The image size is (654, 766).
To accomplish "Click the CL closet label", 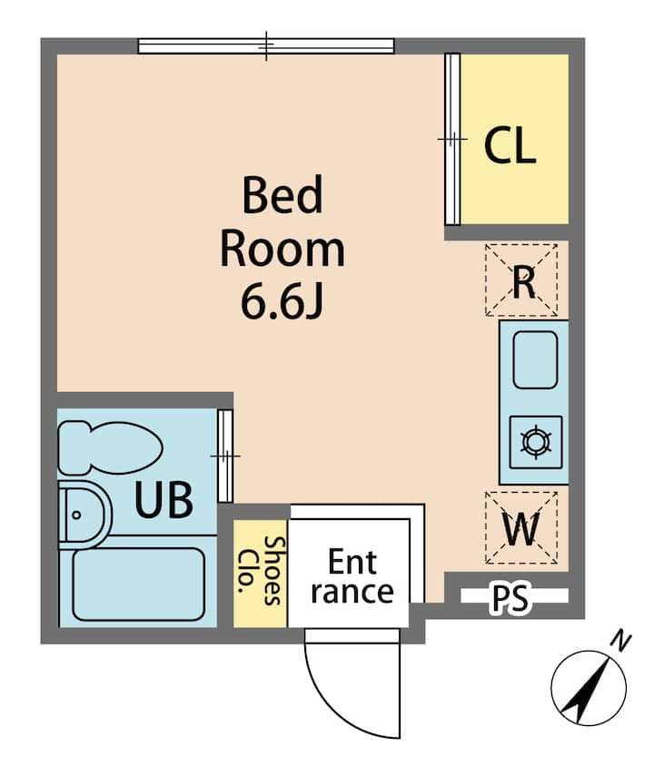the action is click(510, 144).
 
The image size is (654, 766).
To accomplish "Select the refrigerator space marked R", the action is click(521, 280).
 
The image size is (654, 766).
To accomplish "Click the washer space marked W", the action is click(521, 528).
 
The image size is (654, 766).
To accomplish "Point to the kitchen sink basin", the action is click(535, 360).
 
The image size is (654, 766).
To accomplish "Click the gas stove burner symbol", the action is click(536, 442).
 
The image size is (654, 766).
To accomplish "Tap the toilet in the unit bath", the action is click(110, 447).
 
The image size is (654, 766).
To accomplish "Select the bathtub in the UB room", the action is click(138, 584).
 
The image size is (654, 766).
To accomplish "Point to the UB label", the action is click(163, 500).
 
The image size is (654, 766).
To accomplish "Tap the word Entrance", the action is click(352, 576).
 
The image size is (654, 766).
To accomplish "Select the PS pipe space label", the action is click(510, 598).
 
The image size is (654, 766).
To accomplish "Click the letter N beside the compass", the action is click(621, 642).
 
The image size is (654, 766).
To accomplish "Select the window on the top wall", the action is click(266, 45).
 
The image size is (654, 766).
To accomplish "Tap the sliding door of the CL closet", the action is click(452, 139).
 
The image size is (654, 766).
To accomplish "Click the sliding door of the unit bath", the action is click(225, 456).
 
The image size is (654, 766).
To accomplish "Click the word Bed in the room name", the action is click(282, 195).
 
